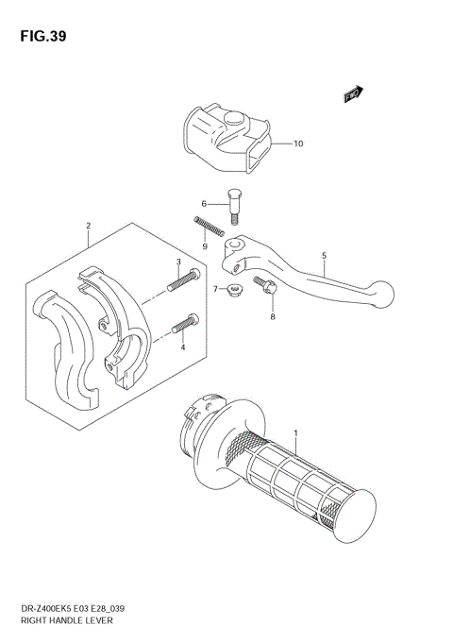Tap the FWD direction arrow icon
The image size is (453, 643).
(353, 93)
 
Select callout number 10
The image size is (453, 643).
(298, 144)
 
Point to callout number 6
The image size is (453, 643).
(203, 203)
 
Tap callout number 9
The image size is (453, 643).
(205, 247)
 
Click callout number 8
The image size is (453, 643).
(273, 318)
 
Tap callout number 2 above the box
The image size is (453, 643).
(87, 227)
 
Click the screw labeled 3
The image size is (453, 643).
(183, 279)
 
